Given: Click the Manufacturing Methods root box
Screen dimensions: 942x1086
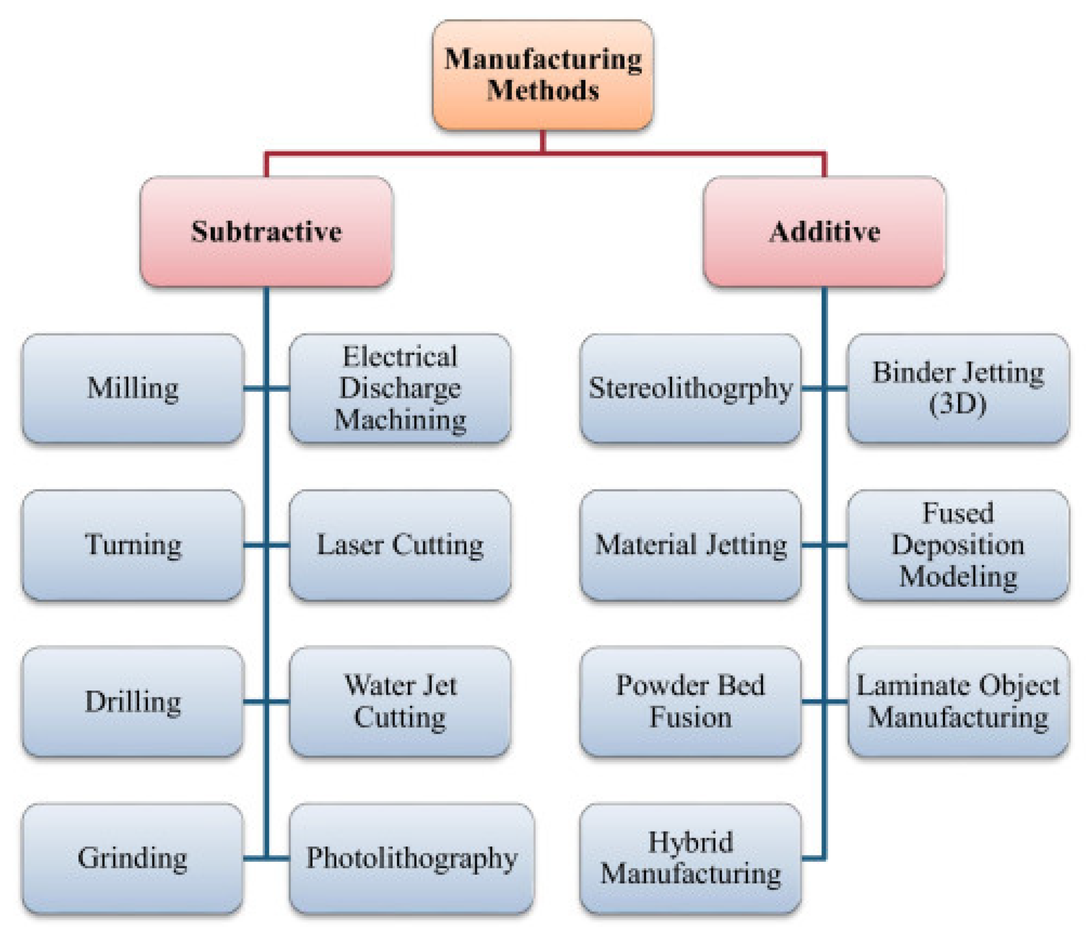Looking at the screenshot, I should coord(542,75).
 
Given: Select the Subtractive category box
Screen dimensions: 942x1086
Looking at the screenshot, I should coord(266,231).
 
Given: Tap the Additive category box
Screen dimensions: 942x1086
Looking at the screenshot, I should coord(823,231).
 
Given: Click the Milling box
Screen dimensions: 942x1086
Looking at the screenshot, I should coord(133,388).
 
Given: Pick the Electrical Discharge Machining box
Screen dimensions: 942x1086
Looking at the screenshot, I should coord(399,388).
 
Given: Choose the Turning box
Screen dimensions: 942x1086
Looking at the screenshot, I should coord(133,544).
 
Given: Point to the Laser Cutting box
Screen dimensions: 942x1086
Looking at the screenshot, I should coord(399,544).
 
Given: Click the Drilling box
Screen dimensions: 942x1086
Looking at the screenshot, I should coord(133,701).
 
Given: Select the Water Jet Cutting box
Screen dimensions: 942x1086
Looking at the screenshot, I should coord(399,701).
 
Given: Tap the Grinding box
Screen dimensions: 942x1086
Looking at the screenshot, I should coord(133,858).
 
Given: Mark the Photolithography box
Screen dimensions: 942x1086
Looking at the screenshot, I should coord(411,858).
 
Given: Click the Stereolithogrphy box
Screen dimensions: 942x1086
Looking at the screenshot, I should coord(690,388).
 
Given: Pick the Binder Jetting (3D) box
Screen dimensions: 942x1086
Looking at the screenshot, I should coord(958,388).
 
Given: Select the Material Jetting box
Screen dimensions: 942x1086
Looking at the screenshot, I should coord(690,544).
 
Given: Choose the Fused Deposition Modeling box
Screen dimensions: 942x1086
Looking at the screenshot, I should coord(958,544).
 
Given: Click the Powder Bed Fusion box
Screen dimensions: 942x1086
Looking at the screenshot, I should coord(690,701).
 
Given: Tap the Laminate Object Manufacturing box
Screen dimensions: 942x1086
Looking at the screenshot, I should coord(958,701).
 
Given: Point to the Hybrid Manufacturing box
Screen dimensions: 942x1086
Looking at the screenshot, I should coord(690,858).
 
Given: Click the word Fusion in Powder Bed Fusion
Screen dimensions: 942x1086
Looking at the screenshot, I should coord(690,717).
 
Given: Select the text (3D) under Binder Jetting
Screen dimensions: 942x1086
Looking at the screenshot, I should coord(957,404).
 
